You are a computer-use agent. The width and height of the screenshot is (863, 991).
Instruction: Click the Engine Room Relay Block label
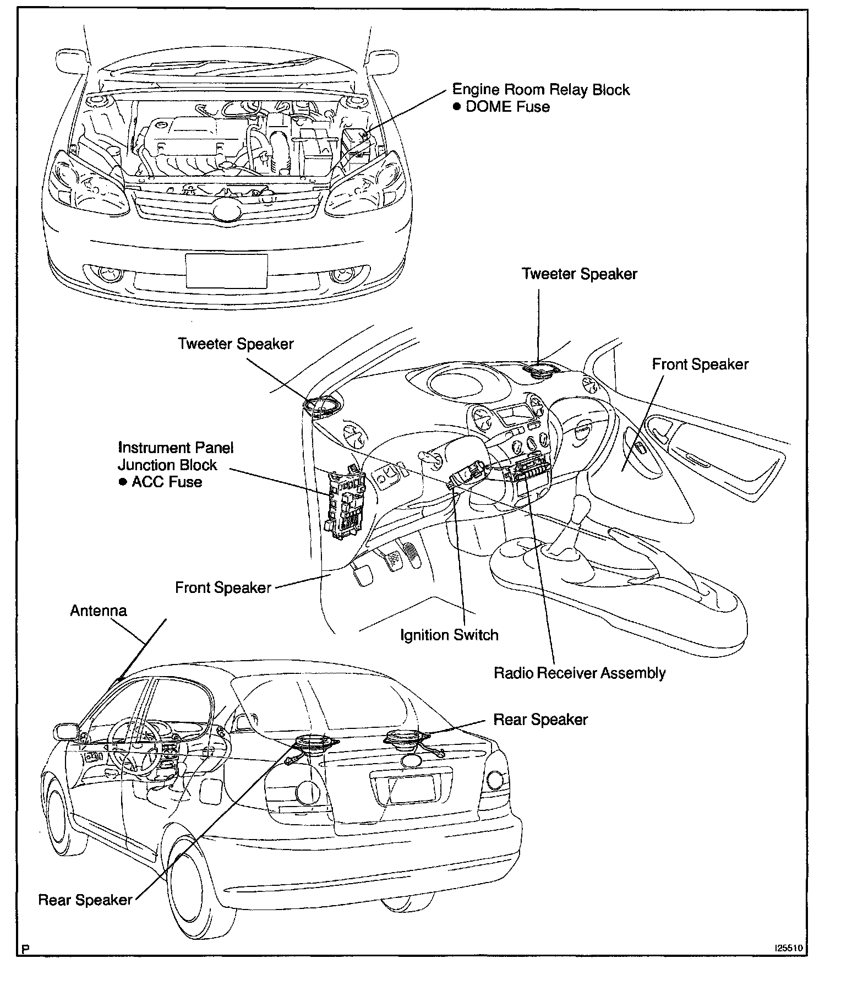pos(540,90)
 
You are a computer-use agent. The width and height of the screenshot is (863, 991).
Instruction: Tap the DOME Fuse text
pos(507,107)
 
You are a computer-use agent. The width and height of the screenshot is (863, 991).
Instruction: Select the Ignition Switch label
pos(449,635)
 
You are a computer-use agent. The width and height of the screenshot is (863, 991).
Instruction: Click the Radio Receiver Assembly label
pos(580,673)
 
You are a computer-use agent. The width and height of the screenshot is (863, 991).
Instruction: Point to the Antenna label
pos(99,611)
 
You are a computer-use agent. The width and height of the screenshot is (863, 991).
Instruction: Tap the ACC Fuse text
pos(166,482)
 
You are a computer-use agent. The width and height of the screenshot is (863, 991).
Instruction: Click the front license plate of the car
pos(226,271)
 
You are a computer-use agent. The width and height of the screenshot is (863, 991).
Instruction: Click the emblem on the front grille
pos(227,212)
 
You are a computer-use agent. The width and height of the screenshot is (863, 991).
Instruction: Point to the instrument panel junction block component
pos(345,503)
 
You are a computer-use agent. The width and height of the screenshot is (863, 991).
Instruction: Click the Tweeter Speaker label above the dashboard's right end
pos(579,274)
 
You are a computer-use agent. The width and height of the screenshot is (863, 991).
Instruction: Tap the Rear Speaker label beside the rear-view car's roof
pos(540,720)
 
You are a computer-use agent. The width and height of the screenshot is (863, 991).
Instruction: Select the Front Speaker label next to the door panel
pos(700,364)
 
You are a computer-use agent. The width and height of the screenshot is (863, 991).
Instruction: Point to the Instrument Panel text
pos(176,448)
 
